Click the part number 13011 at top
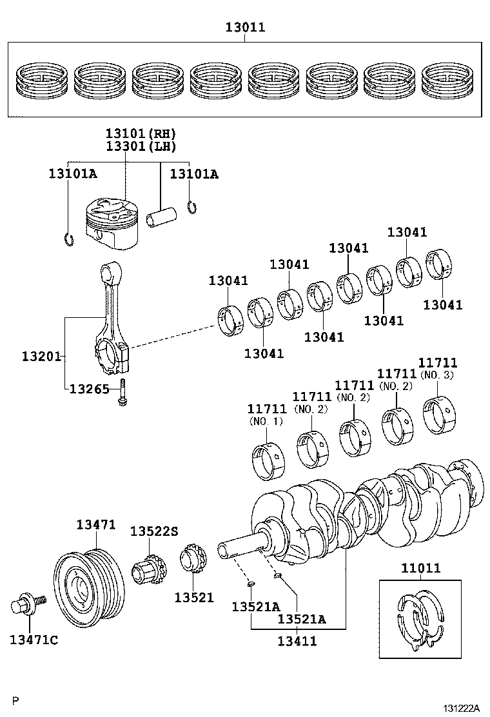pos(245,27)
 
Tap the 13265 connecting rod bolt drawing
pos(122,394)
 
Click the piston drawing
pos(112,226)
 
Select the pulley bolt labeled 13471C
pos(28,606)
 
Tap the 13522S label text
pos(153,531)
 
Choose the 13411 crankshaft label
pos(297,641)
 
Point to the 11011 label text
pos(420,568)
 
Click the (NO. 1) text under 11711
pos(266,422)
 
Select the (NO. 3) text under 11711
pos(437,375)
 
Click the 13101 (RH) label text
pos(141,133)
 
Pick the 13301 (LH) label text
pos(141,146)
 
